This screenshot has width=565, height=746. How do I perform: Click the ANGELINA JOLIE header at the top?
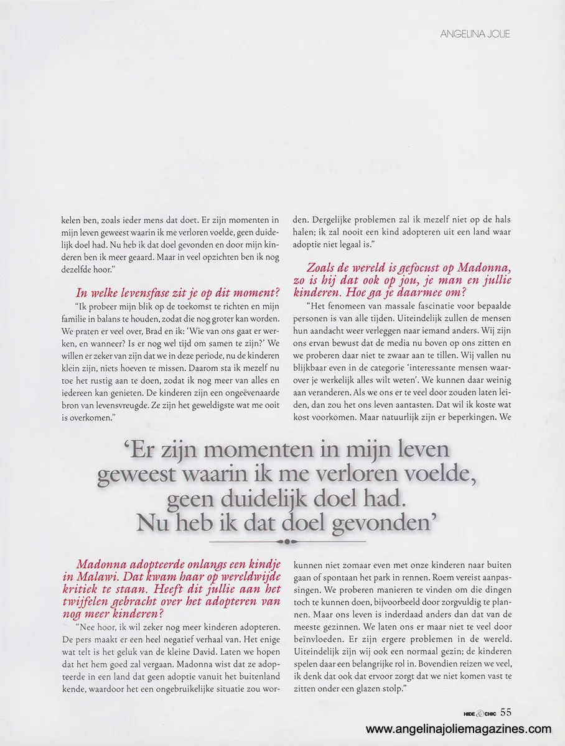click(x=475, y=34)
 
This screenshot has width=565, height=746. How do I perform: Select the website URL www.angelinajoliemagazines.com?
click(x=459, y=729)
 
